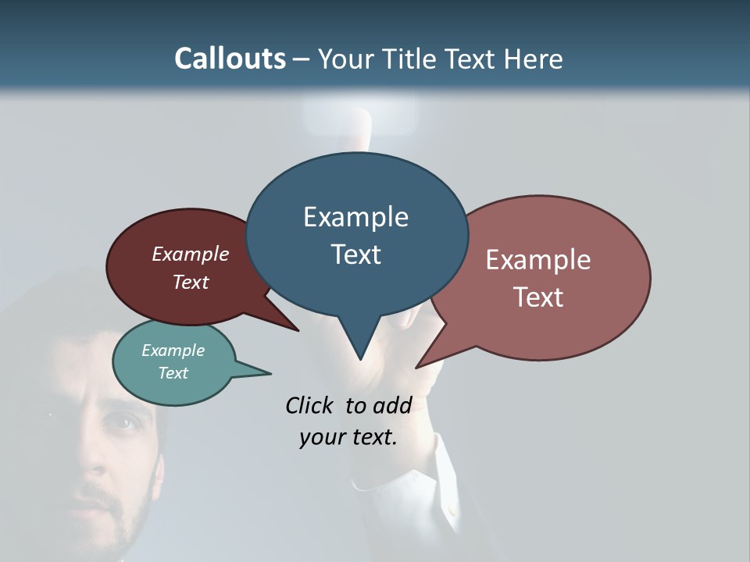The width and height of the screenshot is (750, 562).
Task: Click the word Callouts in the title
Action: [230, 59]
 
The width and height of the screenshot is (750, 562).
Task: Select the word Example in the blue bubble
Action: [355, 217]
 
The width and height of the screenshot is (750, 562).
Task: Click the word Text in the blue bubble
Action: [355, 254]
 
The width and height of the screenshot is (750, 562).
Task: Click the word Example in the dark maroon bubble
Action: [191, 254]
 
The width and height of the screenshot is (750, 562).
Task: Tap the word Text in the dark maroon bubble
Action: [191, 282]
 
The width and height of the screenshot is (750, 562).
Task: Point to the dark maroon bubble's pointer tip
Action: [298, 330]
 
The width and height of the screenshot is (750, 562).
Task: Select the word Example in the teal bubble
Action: [173, 350]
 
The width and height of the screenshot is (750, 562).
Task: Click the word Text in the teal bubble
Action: [173, 373]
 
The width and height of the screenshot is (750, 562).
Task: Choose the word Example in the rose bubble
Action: [538, 260]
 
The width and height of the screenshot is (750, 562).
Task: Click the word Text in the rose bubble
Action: [538, 297]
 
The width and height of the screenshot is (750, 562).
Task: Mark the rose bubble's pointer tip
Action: [416, 367]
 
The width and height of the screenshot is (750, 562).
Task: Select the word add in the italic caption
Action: [392, 405]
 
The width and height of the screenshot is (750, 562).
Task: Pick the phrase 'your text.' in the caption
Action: [348, 437]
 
